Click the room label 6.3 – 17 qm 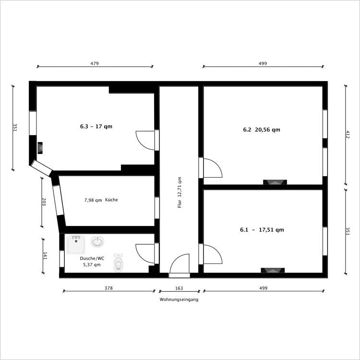[96, 126]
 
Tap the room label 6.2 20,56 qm [262, 130]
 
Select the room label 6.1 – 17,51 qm [262, 229]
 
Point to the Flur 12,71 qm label [180, 192]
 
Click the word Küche [111, 200]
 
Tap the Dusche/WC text [92, 258]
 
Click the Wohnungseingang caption [179, 300]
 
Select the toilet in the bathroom [119, 263]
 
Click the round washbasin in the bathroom [97, 241]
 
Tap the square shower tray [76, 245]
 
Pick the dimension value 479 [95, 63]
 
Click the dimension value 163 [179, 288]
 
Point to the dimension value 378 [108, 288]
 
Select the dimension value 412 [348, 134]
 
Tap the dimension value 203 [44, 202]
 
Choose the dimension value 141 [45, 256]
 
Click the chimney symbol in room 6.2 [275, 182]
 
